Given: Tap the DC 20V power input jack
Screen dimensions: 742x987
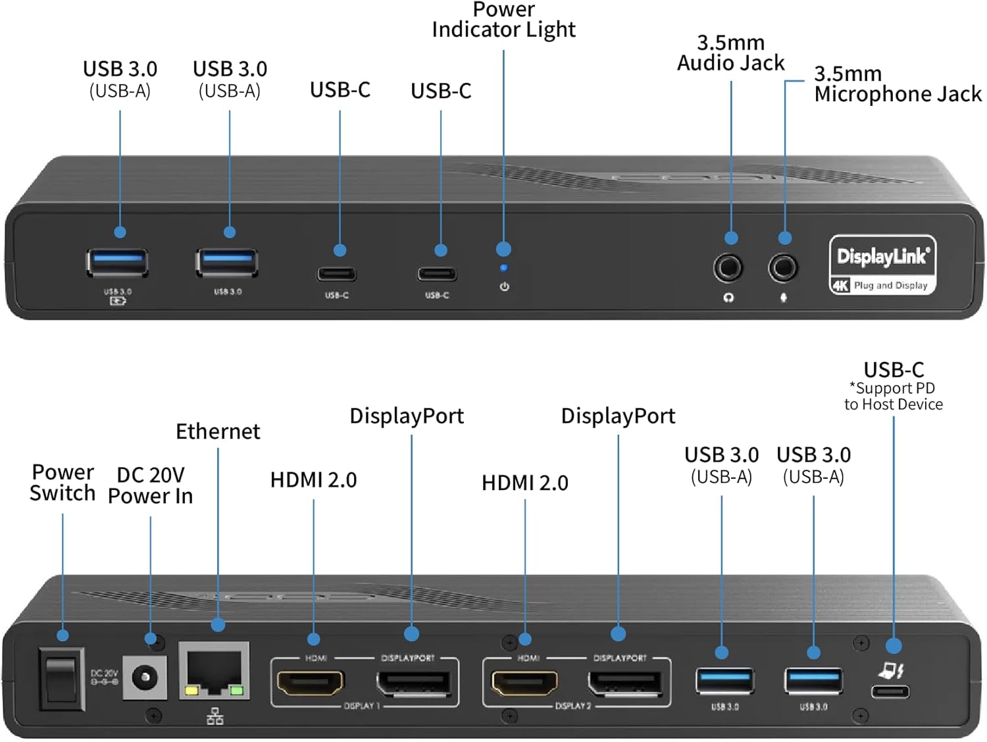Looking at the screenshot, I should click(x=145, y=677).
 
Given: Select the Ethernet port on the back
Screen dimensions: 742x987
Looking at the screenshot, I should click(x=214, y=671).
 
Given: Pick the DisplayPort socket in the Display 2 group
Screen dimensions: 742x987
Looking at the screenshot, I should click(x=624, y=683).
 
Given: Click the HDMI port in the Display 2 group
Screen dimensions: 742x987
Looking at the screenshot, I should click(x=524, y=683).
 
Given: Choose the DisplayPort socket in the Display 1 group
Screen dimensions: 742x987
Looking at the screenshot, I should click(x=413, y=683).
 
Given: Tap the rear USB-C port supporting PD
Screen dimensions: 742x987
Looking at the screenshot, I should click(x=890, y=691).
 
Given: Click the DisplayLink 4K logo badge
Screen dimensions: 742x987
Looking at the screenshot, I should click(x=882, y=265).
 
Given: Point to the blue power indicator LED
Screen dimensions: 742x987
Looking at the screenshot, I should click(x=503, y=268).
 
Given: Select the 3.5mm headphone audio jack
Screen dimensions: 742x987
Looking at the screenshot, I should click(x=728, y=268).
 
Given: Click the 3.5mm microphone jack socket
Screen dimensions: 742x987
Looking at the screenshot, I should click(x=783, y=268).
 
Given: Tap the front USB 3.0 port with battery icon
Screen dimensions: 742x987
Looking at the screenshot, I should click(x=117, y=262).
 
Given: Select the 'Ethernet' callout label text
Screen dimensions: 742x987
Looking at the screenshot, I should click(x=218, y=432).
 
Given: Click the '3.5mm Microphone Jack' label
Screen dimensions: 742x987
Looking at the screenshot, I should click(x=897, y=84).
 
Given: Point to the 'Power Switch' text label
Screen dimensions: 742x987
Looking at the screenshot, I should click(x=63, y=483).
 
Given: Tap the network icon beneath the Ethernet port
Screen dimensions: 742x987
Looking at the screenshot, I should click(x=215, y=716).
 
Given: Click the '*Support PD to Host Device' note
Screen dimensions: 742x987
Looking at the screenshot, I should click(x=893, y=397).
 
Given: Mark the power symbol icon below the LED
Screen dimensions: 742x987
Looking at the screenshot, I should click(x=504, y=287).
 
